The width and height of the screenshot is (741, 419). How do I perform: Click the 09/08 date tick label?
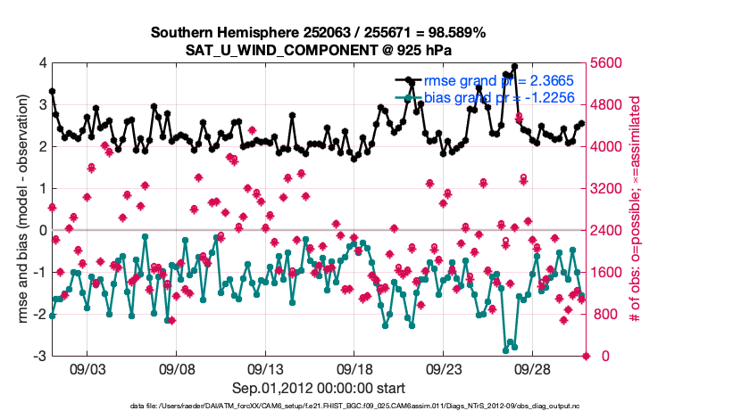(177, 367)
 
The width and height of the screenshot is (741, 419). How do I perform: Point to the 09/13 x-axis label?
(266, 367)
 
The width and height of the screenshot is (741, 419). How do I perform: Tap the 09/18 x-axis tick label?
(354, 367)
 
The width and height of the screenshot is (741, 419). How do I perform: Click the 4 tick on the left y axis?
(42, 63)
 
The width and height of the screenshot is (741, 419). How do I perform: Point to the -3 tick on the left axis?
(40, 357)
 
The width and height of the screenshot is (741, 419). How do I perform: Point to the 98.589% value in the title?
(454, 32)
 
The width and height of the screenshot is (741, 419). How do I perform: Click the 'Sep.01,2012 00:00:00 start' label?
(319, 388)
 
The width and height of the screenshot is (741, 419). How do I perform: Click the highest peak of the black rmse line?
(514, 67)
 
